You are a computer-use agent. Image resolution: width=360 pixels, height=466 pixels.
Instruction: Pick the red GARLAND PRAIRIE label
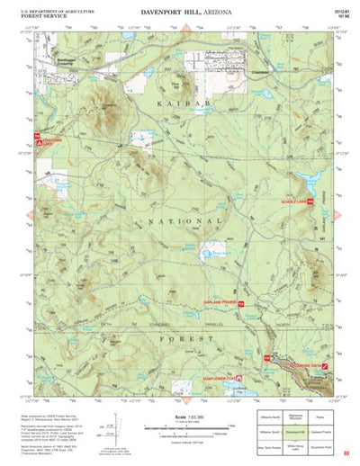pyautogui.click(x=219, y=305)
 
